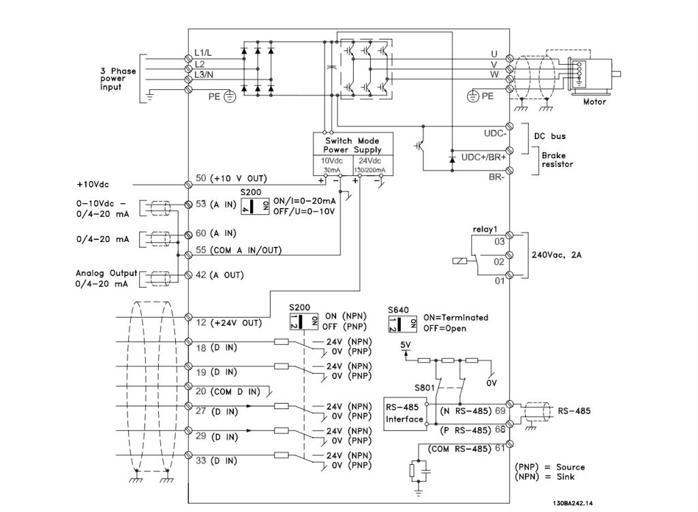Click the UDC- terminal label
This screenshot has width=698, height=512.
(495, 133)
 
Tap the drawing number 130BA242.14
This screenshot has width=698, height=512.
(568, 503)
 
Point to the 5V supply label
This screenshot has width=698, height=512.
(407, 345)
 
